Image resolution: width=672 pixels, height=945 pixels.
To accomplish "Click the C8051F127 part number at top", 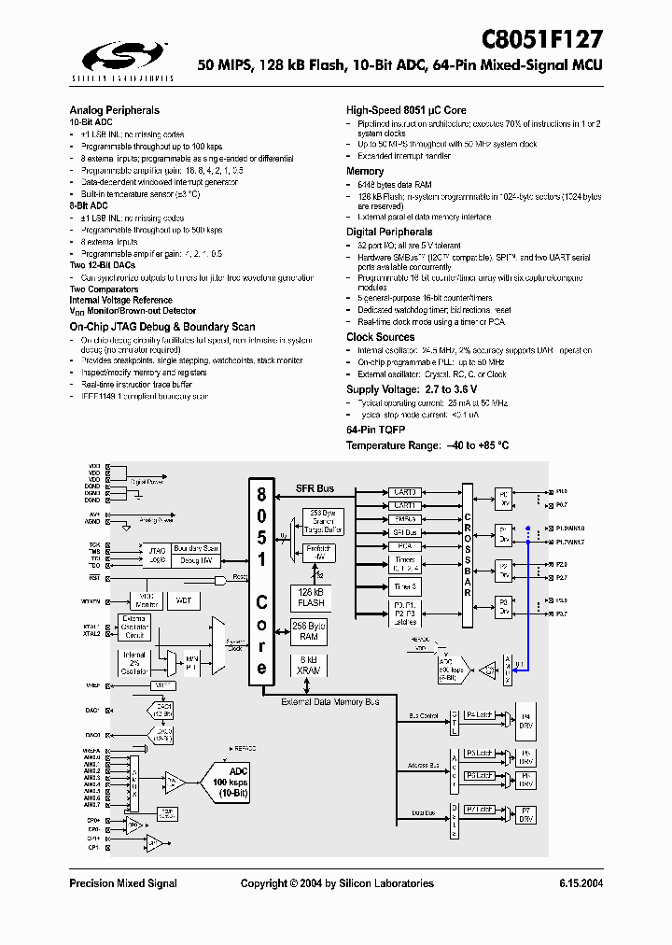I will point(542,38).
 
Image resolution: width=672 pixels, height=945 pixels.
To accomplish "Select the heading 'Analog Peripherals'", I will point(114,110).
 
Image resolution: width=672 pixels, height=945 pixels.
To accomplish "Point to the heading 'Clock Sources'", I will point(380,337).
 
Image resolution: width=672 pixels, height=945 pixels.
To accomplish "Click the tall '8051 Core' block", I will point(261,580).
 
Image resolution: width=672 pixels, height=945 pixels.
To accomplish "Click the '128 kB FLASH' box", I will point(311,598).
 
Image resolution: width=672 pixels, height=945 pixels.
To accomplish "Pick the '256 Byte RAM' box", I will point(311,631).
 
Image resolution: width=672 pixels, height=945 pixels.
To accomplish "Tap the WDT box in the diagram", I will point(183,600).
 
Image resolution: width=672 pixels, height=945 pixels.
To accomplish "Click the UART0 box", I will point(405,491).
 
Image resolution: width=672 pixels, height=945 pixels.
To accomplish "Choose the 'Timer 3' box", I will point(405,586).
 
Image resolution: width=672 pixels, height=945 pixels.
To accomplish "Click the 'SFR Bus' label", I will point(315,488).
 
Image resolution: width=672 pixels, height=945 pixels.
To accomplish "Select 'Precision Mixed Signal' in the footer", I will point(123,883).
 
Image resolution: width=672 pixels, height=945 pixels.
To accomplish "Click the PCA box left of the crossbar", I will point(405,545).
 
